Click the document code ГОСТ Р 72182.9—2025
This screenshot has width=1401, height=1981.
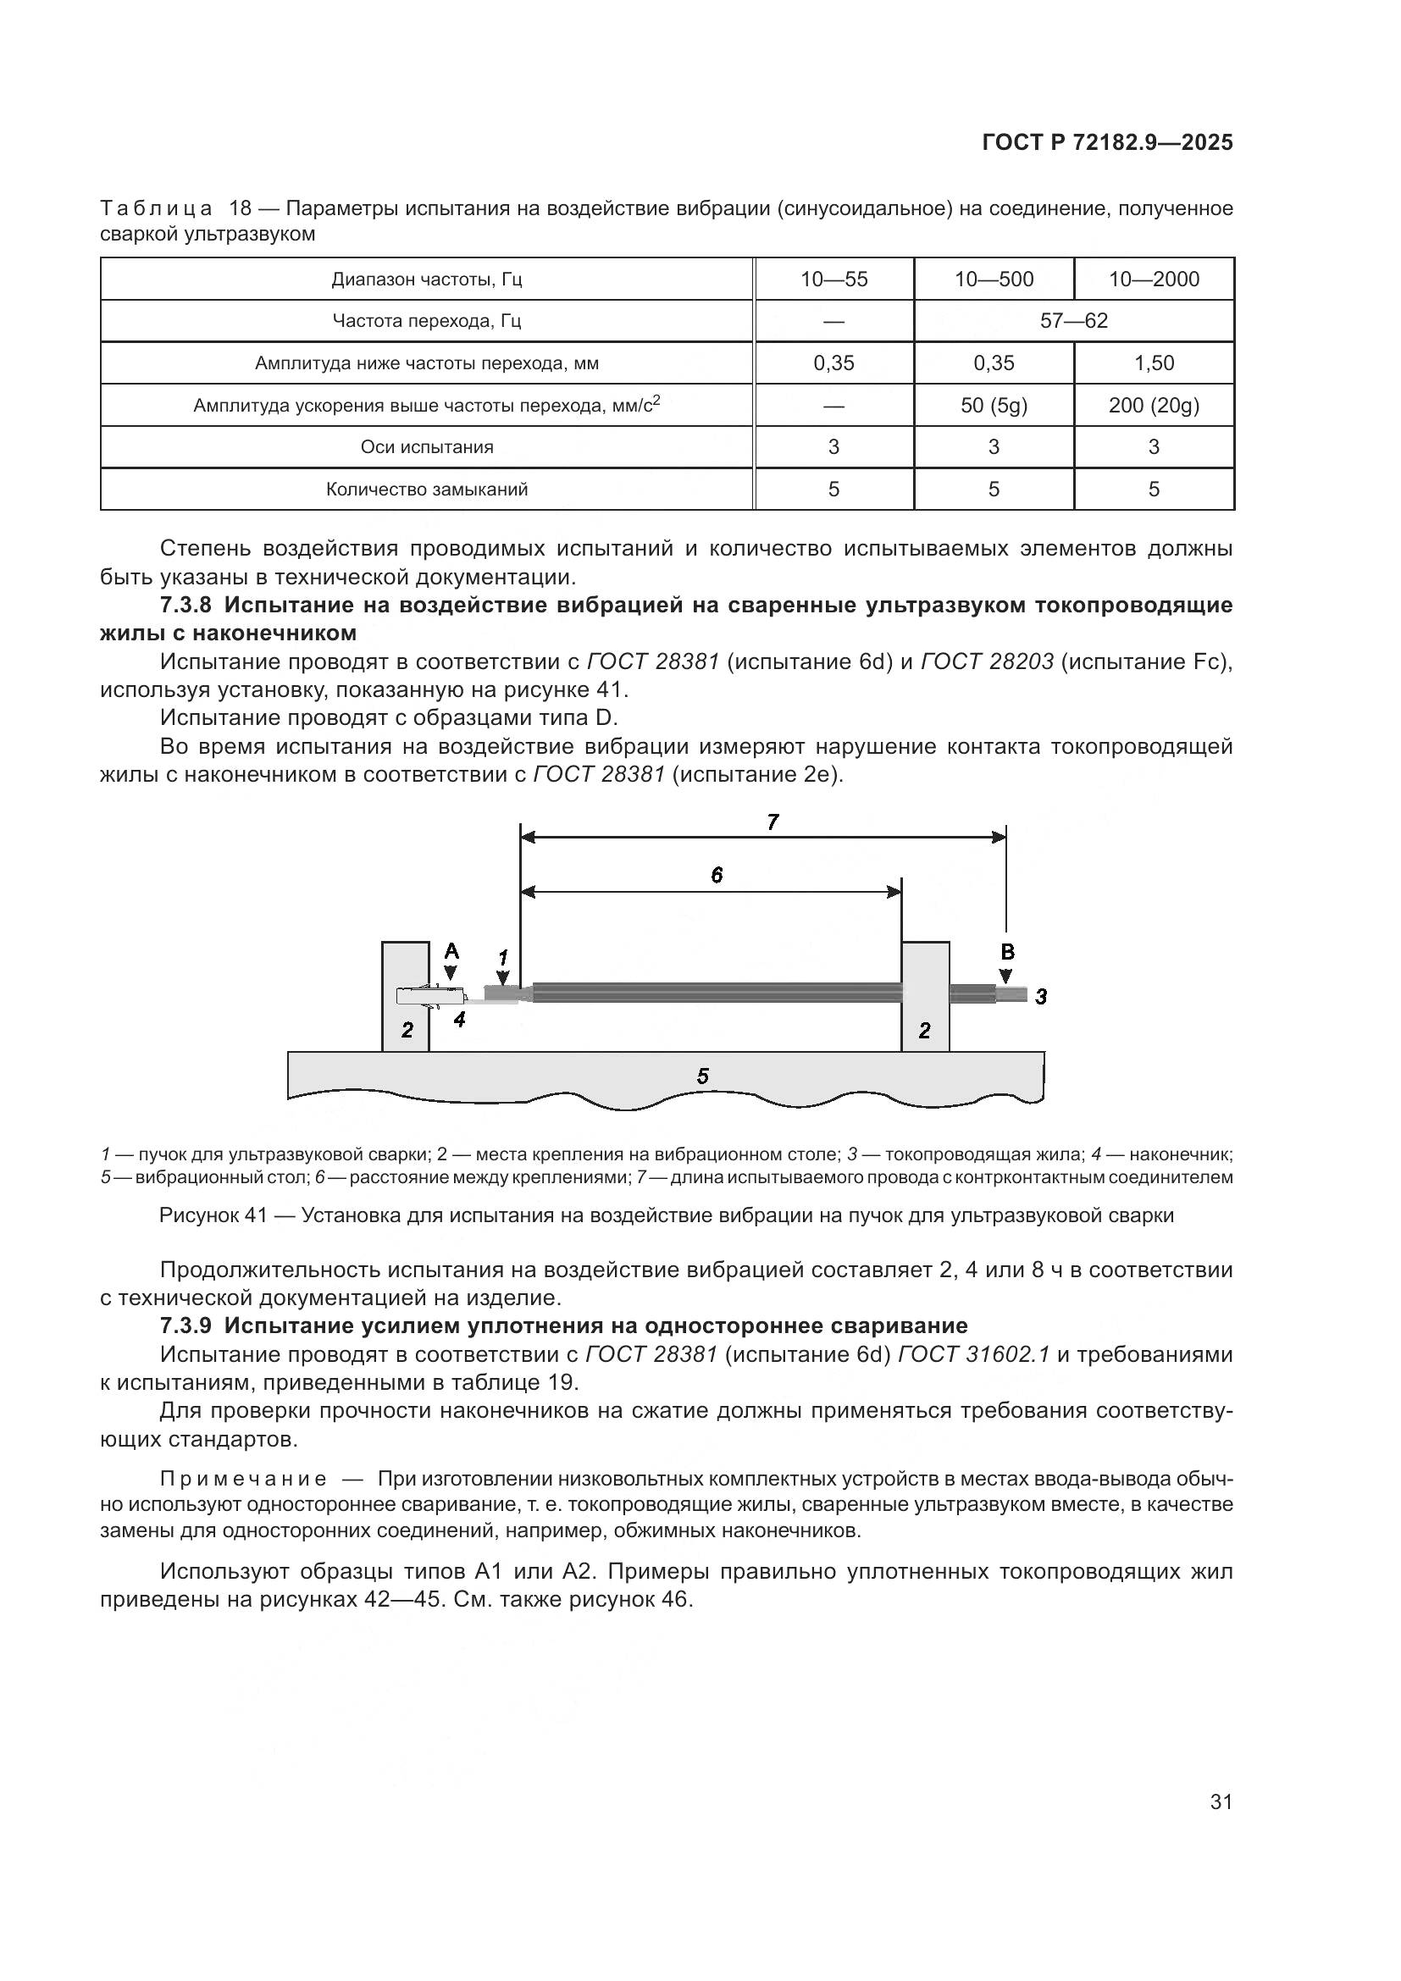point(1107,143)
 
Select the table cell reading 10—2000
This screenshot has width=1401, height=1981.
point(1154,279)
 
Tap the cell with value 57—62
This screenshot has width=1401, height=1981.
point(1073,321)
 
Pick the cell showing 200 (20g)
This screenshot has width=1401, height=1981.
point(1154,405)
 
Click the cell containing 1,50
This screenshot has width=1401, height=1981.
point(1154,362)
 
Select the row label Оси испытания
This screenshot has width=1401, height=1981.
point(427,447)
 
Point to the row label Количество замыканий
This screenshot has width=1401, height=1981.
point(427,490)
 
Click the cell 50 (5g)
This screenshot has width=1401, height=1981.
point(994,405)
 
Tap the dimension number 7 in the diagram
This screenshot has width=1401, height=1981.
point(773,822)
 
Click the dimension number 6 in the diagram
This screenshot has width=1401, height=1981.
point(717,875)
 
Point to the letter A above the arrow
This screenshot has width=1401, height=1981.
point(451,952)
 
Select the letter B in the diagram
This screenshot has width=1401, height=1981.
point(1007,953)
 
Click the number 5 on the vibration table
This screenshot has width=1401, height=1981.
point(702,1076)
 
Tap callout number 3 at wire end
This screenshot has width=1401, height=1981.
point(1041,997)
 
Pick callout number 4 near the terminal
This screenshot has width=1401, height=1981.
point(460,1019)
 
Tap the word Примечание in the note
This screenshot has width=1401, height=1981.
point(243,1479)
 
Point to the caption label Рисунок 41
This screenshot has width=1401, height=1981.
point(213,1215)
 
